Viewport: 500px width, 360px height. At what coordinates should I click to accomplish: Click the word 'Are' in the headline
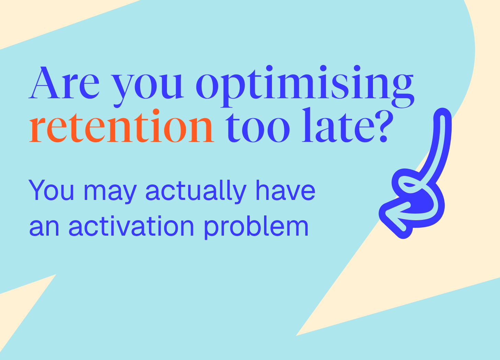point(64,83)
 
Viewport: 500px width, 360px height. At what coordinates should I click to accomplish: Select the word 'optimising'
point(305,87)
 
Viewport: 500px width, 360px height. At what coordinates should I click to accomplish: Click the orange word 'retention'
point(122,126)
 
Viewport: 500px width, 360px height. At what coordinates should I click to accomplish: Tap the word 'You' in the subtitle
point(51,190)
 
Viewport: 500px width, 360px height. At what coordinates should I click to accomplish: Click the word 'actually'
point(196,192)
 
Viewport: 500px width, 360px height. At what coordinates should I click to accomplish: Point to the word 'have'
point(285,190)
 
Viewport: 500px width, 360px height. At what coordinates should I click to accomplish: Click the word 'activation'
point(132,226)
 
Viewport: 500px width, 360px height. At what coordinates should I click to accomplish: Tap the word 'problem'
point(256,227)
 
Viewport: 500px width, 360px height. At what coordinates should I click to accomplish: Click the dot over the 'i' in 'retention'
point(156,112)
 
